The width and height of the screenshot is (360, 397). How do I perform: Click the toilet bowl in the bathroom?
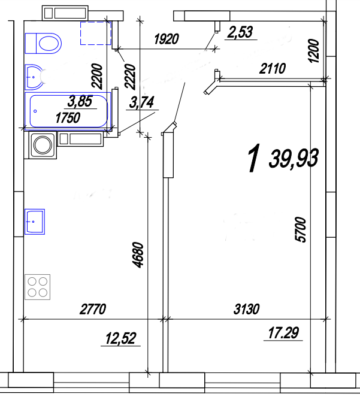tap(43, 43)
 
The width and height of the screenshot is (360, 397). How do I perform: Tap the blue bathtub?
tap(68, 111)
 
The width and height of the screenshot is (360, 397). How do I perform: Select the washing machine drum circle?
tap(43, 145)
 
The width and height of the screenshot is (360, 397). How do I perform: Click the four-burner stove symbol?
tap(38, 287)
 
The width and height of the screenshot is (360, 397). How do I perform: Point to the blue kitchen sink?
tap(35, 222)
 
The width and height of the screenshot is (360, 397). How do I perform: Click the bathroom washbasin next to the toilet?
tap(34, 77)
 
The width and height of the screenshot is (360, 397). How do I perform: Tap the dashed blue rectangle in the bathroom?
tap(96, 33)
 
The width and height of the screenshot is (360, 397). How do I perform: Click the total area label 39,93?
tap(294, 159)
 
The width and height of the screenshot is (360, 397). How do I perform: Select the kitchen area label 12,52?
tap(120, 338)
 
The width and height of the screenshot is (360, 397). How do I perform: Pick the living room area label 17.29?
tap(283, 333)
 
